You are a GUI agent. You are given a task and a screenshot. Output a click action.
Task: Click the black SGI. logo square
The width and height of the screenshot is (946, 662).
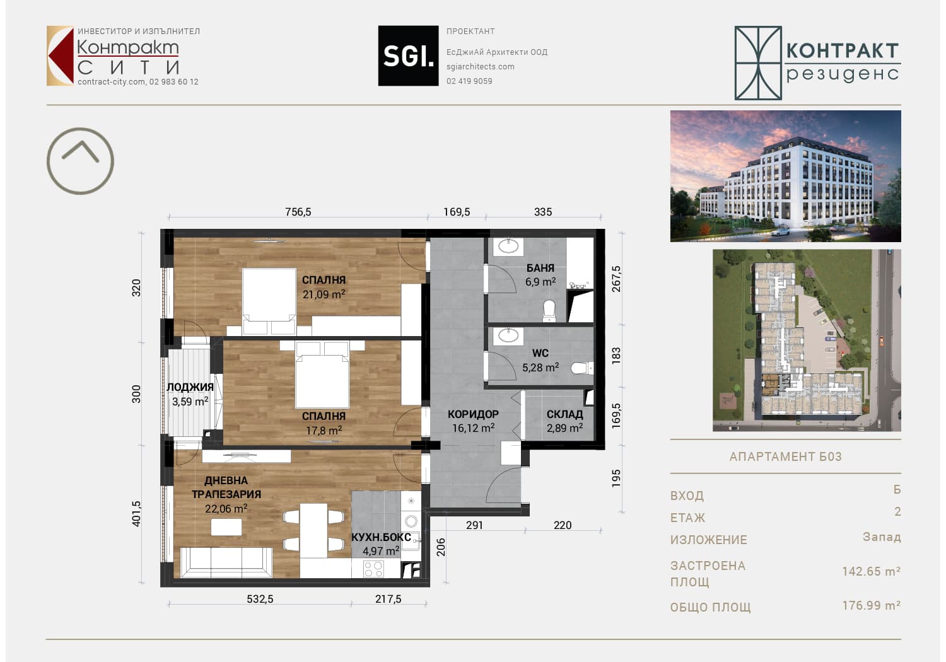[408, 55]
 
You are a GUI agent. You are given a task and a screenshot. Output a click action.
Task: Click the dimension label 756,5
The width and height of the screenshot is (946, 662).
[298, 212]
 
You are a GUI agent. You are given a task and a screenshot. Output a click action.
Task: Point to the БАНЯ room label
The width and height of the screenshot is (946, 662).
[540, 268]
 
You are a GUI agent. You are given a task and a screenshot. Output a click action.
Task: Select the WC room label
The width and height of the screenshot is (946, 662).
[540, 353]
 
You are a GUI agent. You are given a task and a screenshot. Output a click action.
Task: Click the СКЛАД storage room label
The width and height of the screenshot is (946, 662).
[564, 415]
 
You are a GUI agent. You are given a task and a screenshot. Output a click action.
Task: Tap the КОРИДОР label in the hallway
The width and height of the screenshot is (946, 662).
[473, 415]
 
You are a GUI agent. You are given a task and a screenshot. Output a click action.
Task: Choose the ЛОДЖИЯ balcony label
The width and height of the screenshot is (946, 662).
[190, 387]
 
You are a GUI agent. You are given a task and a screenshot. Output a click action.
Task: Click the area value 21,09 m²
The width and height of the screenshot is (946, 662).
[324, 294]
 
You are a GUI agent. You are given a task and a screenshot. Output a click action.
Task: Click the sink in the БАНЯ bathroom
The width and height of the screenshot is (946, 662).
[508, 246]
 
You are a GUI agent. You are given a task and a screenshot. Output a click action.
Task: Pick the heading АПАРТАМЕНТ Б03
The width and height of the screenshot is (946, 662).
[786, 457]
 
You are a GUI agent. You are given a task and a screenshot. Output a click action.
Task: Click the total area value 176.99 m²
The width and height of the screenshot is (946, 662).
[871, 606]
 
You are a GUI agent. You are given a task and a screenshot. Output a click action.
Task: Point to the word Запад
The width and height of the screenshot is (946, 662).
[882, 537]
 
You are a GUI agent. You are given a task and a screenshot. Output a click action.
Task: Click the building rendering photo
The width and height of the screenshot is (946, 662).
[786, 176]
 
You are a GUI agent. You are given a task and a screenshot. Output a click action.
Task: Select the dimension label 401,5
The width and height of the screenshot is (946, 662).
[136, 514]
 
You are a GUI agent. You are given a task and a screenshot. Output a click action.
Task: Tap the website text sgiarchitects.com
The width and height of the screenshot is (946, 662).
[480, 67]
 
